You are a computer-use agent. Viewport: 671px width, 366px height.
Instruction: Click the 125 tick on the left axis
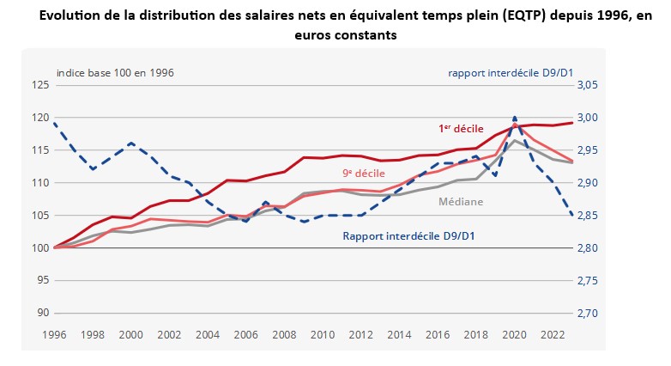(x=38, y=85)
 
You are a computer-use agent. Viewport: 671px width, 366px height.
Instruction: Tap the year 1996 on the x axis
(x=53, y=334)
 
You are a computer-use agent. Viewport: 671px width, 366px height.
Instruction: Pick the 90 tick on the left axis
(x=40, y=313)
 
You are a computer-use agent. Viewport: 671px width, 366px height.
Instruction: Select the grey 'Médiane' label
(x=461, y=202)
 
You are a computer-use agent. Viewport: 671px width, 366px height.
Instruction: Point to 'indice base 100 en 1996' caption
(x=115, y=73)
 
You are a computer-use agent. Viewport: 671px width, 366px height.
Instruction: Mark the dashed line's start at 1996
(x=53, y=123)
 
